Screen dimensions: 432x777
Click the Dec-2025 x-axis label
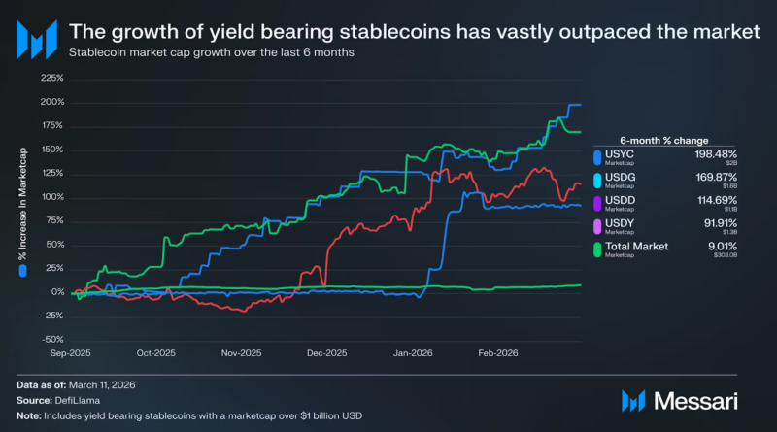(x=328, y=355)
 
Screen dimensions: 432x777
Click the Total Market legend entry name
(x=637, y=247)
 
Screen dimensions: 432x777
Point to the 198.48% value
(x=717, y=153)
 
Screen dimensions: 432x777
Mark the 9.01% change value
(x=723, y=247)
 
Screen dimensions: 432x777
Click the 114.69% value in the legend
(x=718, y=200)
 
